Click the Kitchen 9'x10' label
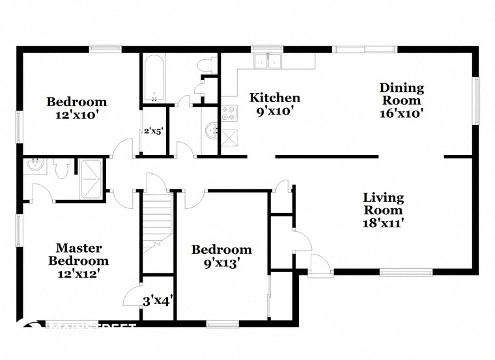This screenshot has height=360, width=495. (x=276, y=104)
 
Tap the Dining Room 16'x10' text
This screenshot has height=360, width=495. (x=402, y=100)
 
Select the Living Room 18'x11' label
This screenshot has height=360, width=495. (x=383, y=210)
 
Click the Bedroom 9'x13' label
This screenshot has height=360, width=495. (x=221, y=256)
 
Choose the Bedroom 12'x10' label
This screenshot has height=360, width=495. (x=76, y=108)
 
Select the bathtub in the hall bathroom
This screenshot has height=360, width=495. (x=154, y=78)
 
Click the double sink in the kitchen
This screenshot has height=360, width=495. (x=268, y=61)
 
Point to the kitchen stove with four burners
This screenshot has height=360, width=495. (x=229, y=114)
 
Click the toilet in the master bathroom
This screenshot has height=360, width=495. (x=62, y=169)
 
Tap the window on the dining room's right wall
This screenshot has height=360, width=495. (x=477, y=101)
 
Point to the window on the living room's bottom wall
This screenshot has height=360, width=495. (x=406, y=271)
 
